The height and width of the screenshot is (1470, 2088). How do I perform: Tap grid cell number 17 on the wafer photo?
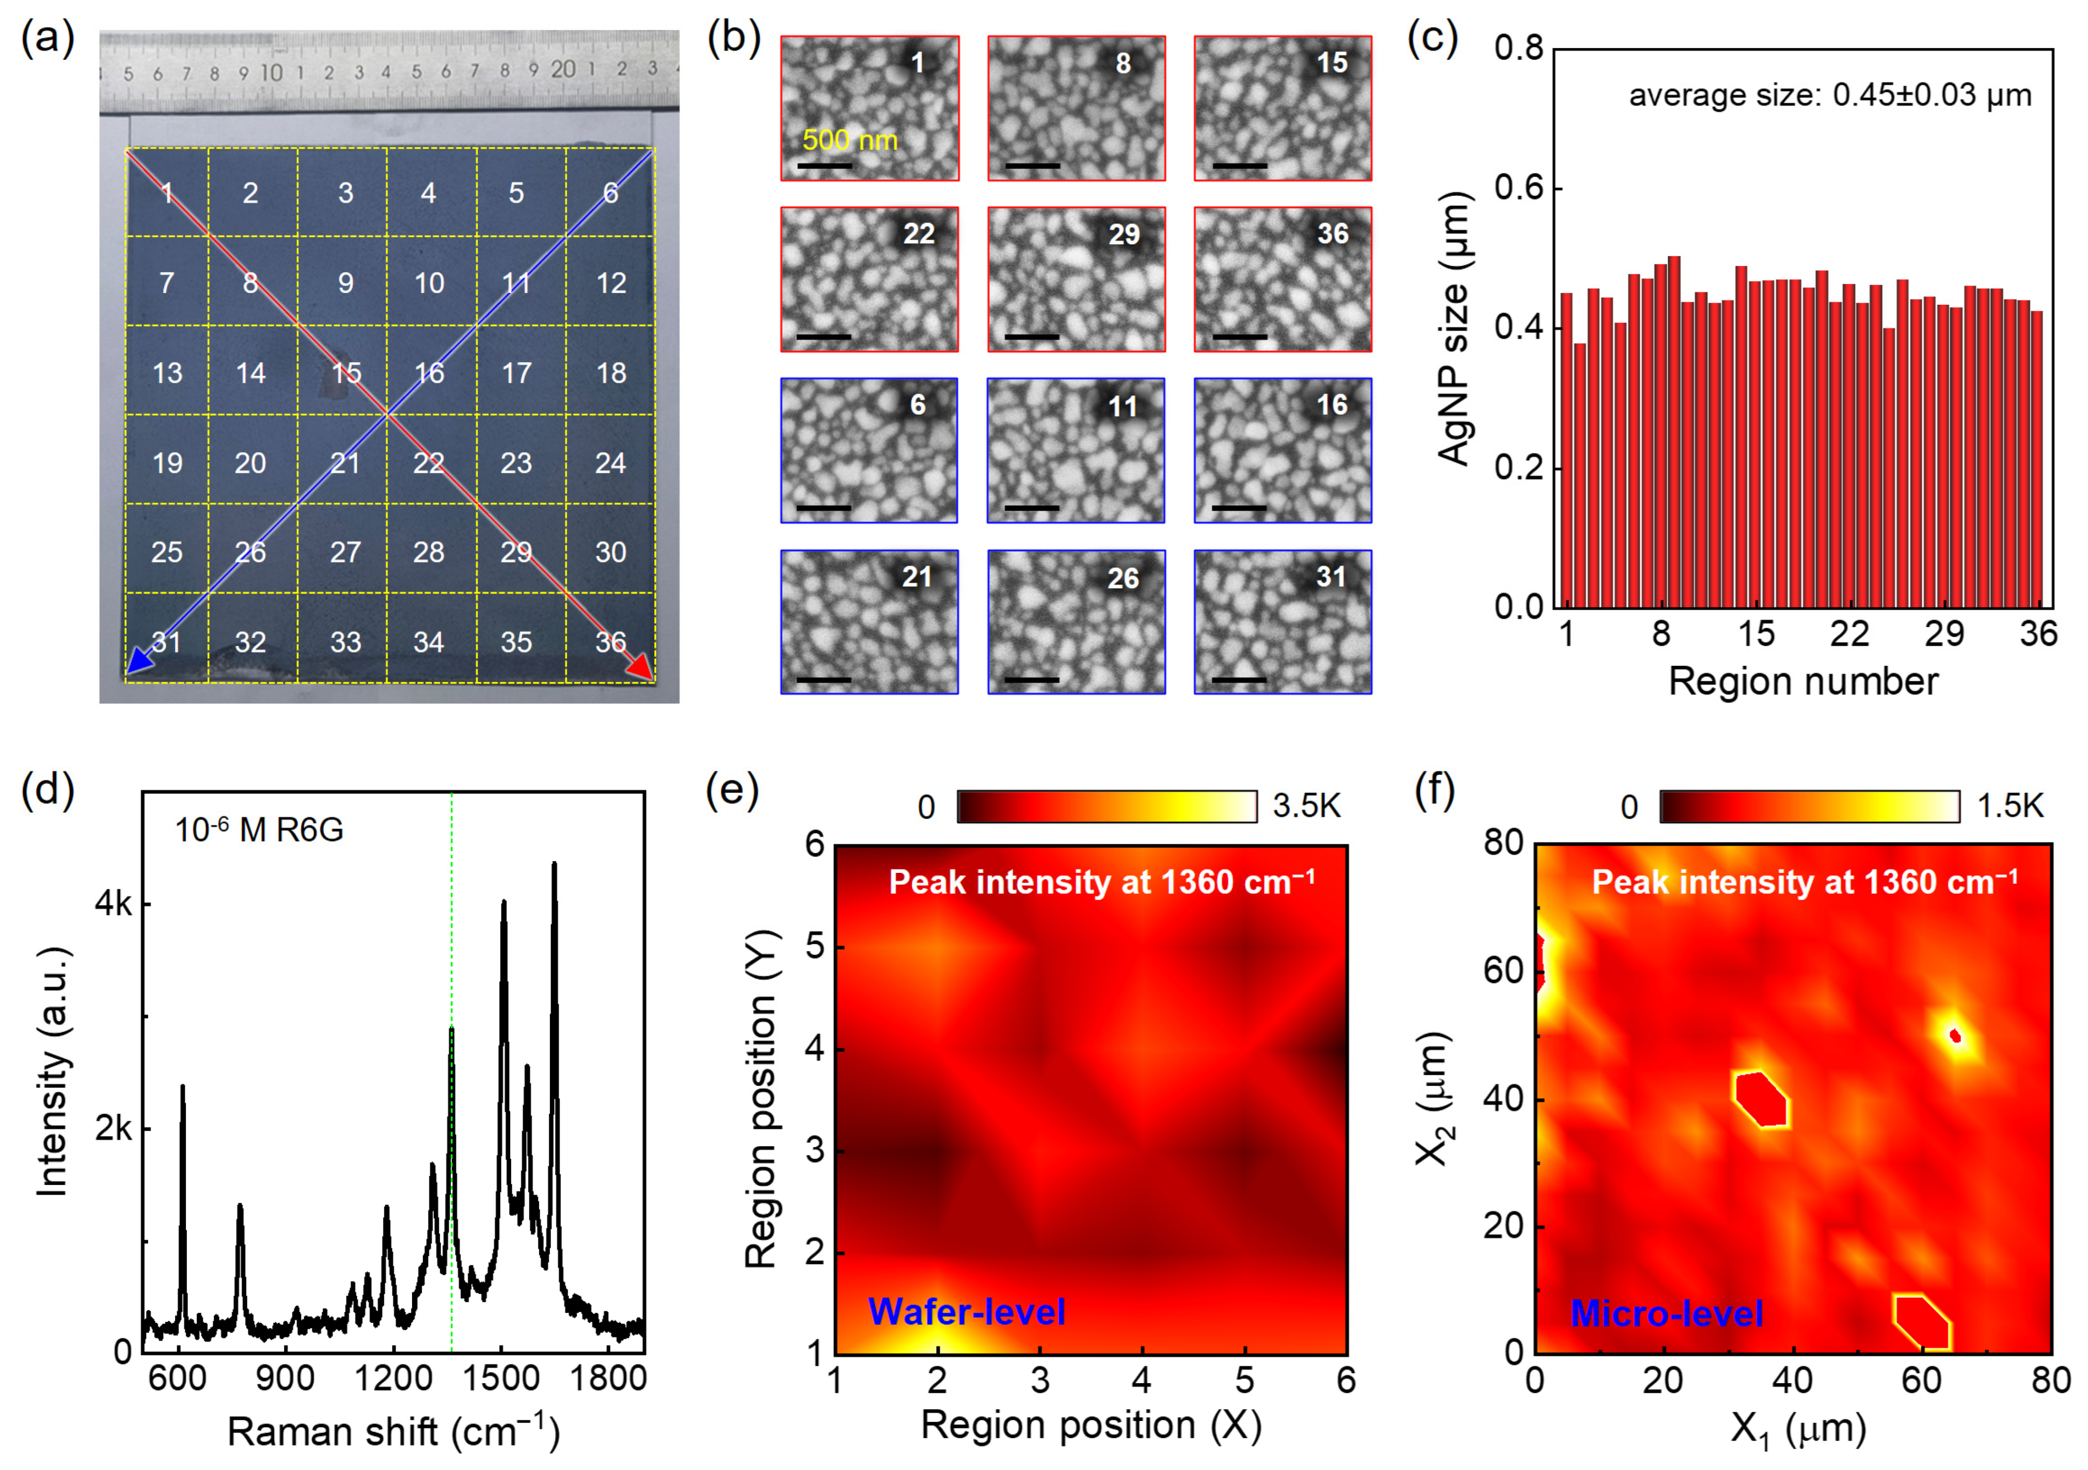tap(516, 373)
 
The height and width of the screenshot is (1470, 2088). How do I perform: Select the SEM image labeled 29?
tap(1076, 279)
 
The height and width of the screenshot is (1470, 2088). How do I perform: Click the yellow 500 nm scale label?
tap(849, 140)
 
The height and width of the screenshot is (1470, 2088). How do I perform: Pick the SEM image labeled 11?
tap(1076, 450)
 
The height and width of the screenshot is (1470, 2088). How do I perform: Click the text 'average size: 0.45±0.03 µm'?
tap(1830, 96)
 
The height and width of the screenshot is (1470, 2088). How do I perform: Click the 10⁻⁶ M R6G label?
tap(259, 830)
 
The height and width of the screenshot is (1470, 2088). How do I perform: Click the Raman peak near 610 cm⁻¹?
tap(183, 1088)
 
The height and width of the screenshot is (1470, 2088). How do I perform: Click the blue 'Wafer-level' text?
tap(967, 1312)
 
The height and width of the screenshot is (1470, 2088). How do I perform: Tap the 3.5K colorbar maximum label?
tap(1306, 806)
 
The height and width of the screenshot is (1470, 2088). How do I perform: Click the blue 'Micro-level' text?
tap(1667, 1313)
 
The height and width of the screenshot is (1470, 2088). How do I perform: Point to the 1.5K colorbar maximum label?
tap(2011, 806)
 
